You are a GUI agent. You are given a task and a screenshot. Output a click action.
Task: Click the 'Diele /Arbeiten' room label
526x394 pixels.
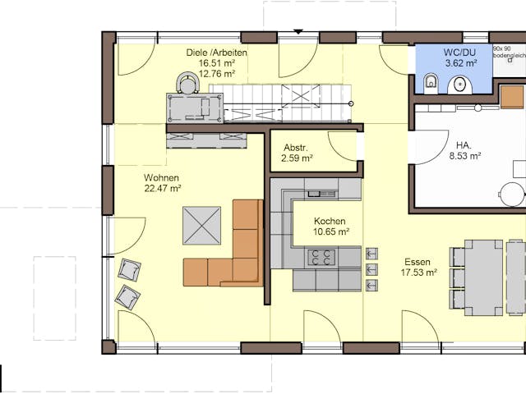217,53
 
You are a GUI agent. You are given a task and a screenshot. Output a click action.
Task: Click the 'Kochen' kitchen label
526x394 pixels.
330,221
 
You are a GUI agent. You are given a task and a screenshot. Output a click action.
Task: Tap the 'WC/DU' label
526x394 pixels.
460,50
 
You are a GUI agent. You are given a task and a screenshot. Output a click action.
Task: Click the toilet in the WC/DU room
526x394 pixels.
430,82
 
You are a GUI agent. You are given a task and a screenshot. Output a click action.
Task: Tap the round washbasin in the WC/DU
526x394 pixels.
459,84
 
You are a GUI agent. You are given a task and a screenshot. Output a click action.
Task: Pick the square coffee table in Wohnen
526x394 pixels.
201,226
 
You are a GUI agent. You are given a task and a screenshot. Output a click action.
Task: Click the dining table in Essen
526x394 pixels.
483,277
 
